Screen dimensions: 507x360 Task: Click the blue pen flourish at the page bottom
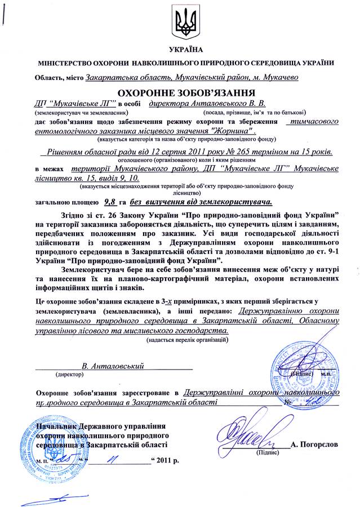click(51, 499)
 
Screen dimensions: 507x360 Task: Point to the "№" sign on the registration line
click(288, 402)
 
